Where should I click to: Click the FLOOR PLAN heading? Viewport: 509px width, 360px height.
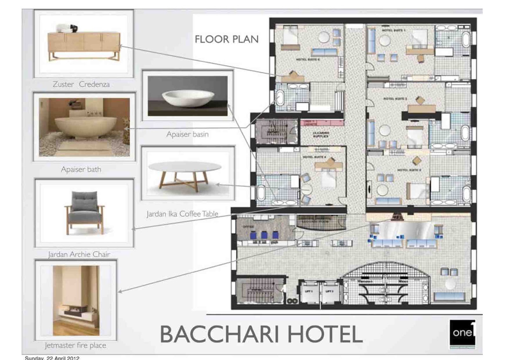pyautogui.click(x=227, y=39)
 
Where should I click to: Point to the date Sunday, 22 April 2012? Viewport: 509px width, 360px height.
pyautogui.click(x=52, y=358)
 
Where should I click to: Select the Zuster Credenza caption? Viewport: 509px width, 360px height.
pyautogui.click(x=81, y=84)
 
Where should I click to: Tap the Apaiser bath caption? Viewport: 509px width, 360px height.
pyautogui.click(x=81, y=169)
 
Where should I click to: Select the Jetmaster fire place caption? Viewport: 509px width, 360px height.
pyautogui.click(x=75, y=345)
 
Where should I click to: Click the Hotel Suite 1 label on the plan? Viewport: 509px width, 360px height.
pyautogui.click(x=394, y=30)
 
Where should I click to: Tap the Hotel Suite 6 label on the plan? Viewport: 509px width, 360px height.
pyautogui.click(x=308, y=59)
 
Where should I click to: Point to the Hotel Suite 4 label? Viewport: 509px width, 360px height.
pyautogui.click(x=314, y=157)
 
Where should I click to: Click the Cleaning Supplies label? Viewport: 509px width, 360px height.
pyautogui.click(x=321, y=134)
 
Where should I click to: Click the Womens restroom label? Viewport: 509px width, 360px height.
pyautogui.click(x=365, y=281)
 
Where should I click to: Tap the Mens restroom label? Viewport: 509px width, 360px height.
pyautogui.click(x=403, y=281)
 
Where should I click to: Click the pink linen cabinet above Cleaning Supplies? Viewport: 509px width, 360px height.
pyautogui.click(x=321, y=123)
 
